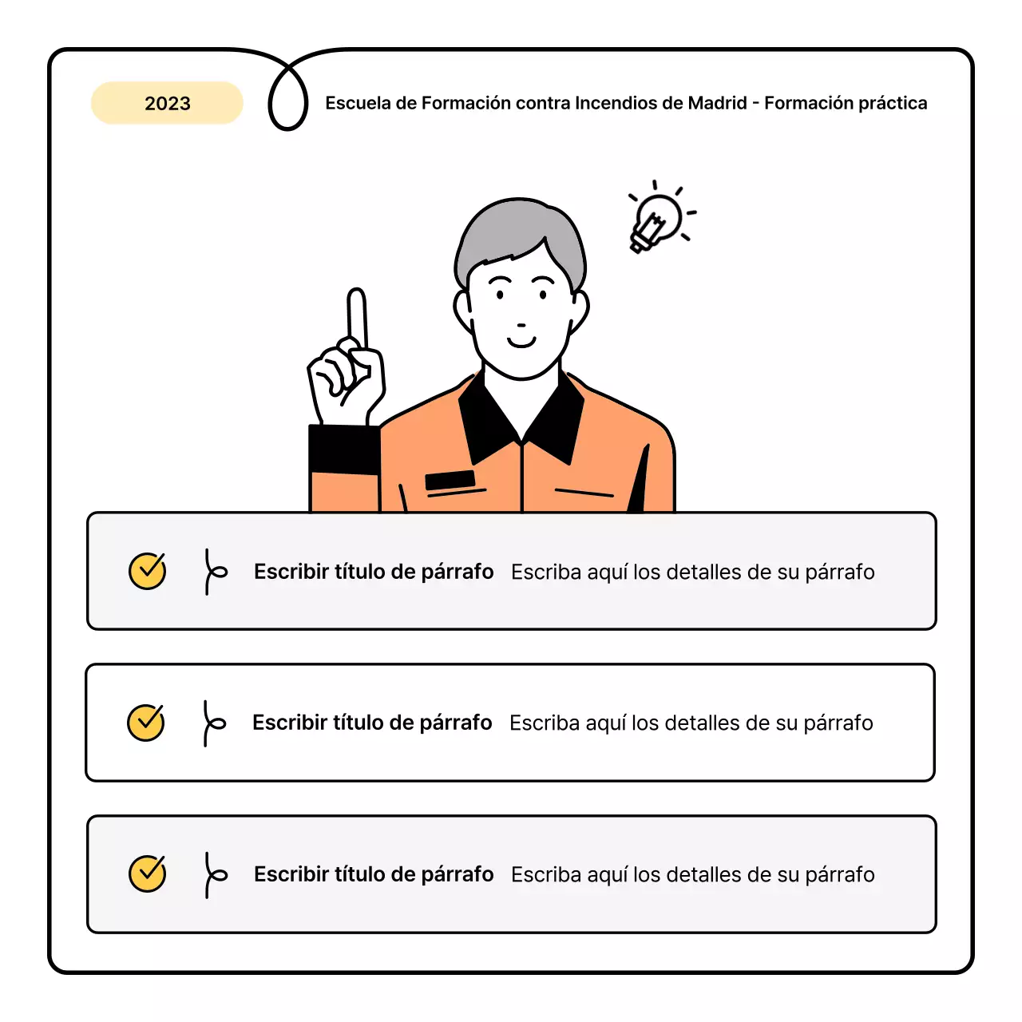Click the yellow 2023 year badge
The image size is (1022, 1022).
pos(167,103)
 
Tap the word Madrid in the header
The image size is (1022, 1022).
pos(717,103)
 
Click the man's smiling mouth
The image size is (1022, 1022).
pos(521,343)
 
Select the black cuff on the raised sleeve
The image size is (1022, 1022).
pos(343,450)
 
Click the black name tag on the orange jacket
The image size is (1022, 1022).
pos(450,480)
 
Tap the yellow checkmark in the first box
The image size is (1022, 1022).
pos(147,571)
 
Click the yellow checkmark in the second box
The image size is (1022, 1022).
pos(146,723)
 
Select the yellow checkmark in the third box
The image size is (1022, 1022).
pos(147,873)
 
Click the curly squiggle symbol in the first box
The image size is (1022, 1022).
pos(213,571)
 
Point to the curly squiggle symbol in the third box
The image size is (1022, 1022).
pos(213,874)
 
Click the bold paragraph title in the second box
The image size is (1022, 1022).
pos(372,723)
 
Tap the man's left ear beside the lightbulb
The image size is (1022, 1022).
pos(580,308)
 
